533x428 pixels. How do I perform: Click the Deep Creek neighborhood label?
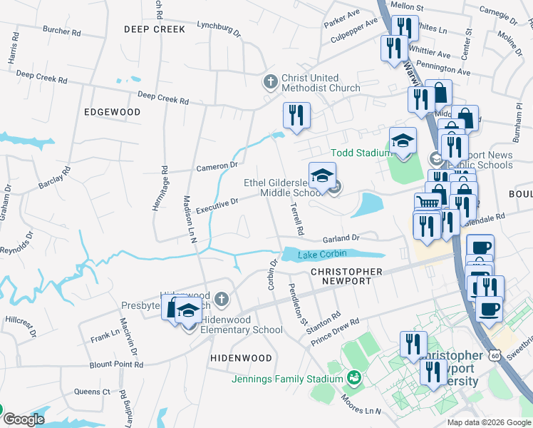154,29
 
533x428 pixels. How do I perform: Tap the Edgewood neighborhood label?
112,112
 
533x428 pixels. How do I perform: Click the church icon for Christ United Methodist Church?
270,82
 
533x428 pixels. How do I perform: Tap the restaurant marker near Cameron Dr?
295,116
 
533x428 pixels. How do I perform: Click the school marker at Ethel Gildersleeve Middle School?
321,175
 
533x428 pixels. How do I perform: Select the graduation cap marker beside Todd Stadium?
402,140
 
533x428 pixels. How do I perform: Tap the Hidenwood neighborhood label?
241,357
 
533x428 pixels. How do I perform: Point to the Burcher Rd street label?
66,31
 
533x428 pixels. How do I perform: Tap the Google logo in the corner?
23,419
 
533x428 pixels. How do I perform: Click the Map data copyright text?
489,422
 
